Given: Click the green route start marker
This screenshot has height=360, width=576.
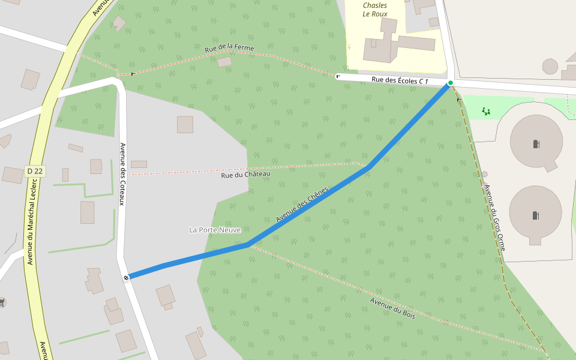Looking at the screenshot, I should tap(450, 83).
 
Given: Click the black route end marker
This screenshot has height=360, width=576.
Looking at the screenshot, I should tap(126, 277).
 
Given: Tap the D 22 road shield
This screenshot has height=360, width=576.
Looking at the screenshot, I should tap(35, 171).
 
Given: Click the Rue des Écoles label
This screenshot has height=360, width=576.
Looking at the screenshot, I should tap(400, 80).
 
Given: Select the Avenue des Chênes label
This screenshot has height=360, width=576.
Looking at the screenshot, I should tap(302, 205).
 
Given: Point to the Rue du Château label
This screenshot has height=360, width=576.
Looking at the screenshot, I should tap(245, 175).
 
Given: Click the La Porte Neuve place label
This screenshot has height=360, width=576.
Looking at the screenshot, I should tap(215, 230).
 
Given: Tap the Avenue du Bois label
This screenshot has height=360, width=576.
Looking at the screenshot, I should tap(393, 308).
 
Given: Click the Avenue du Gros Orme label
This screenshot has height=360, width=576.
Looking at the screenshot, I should tap(495, 217).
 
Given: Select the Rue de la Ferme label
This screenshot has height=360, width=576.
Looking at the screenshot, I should tap(229, 48).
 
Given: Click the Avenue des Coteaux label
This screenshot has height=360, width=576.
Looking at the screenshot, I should tap(122, 174).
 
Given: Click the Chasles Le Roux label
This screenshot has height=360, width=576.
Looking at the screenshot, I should tap(375, 10).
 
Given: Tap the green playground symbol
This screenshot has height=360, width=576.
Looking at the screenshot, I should tap(486, 110).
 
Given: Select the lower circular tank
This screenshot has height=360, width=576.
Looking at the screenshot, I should tap(535, 214).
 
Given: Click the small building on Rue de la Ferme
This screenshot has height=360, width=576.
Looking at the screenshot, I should tap(224, 62).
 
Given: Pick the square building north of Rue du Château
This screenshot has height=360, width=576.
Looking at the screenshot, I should tap(185, 124).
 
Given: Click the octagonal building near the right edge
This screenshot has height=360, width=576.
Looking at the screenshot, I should tap(550, 66).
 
